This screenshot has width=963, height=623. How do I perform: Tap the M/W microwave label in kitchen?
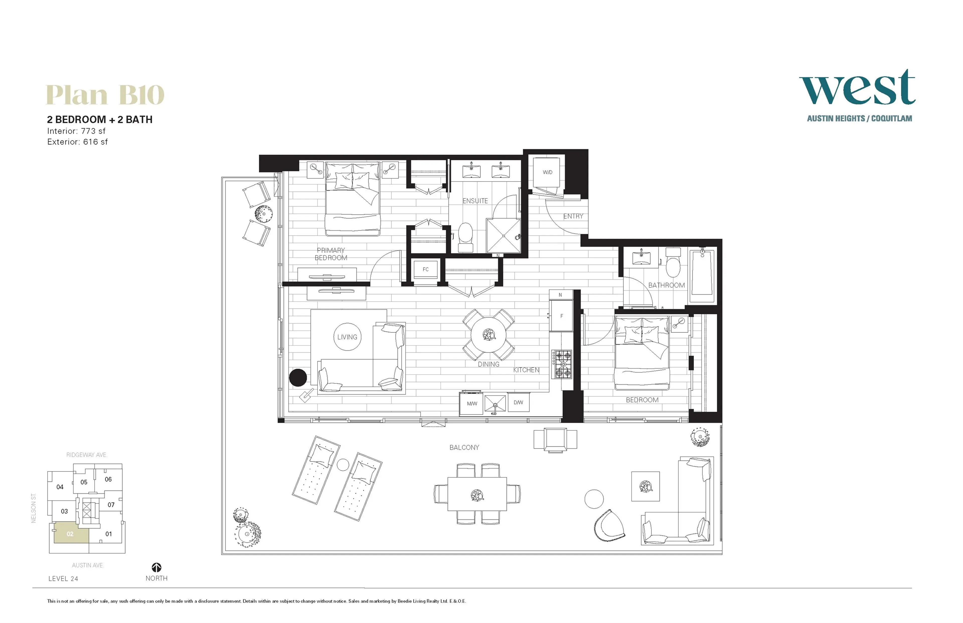[x=471, y=403]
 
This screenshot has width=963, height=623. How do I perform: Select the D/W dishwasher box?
[x=518, y=403]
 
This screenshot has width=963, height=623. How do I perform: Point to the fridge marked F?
[x=561, y=316]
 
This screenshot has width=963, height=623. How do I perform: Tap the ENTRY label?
[x=573, y=216]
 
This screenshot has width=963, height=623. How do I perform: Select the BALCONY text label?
[x=464, y=447]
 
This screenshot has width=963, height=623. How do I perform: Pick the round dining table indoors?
[x=489, y=335]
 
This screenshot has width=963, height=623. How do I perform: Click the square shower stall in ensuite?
[x=503, y=236]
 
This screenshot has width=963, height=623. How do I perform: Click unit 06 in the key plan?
[x=108, y=479]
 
